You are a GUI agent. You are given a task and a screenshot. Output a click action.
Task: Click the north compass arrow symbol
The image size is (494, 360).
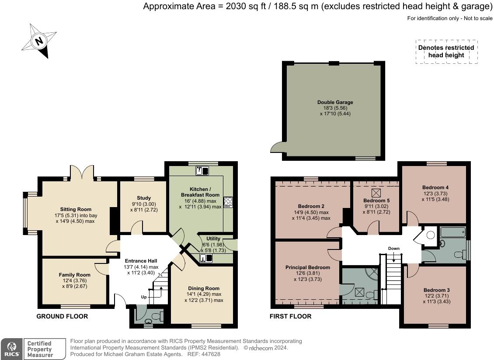tap(39, 41)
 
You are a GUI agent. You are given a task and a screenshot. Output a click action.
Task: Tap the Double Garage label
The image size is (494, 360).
tap(335, 102)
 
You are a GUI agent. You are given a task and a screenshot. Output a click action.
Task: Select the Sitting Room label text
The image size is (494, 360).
tap(76, 209)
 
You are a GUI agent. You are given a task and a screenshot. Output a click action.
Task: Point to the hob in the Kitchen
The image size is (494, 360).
tap(228, 201)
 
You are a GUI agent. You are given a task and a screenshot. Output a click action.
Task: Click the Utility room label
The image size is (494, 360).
tap(213, 239)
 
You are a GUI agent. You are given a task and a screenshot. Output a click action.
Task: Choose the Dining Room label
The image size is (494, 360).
tap(204, 288)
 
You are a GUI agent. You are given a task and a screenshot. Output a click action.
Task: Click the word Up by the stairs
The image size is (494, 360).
tap(144, 297)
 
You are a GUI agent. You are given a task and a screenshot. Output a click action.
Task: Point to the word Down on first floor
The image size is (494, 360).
tap(394, 249)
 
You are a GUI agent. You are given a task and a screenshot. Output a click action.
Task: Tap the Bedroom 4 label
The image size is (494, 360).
tap(435, 187)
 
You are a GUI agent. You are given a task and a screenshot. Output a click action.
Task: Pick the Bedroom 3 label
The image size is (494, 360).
tap(436, 290)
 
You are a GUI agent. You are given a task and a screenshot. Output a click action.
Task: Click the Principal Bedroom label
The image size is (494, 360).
tap(307, 267)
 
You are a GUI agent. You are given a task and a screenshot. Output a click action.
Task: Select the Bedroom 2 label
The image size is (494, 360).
tap(311, 206)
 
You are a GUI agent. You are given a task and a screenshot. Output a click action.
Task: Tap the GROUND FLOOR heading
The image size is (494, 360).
tap(62, 316)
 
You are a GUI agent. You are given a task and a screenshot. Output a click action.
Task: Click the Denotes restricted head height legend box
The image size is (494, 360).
tap(446, 52)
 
